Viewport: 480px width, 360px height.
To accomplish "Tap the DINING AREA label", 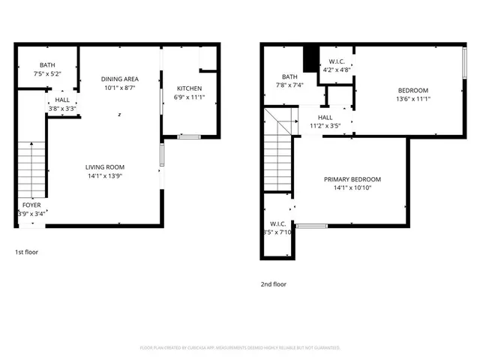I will pyautogui.click(x=120, y=79).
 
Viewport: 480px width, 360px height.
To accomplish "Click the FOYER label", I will pyautogui.click(x=31, y=205).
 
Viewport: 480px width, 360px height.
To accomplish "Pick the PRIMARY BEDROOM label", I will pyautogui.click(x=352, y=179).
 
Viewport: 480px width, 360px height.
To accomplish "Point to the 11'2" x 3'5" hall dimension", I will pyautogui.click(x=325, y=126).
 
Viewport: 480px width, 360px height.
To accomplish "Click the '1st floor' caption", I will pyautogui.click(x=26, y=252).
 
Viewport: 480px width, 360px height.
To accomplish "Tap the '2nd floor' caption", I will pyautogui.click(x=274, y=284).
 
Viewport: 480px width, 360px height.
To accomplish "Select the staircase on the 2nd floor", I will pyautogui.click(x=277, y=150).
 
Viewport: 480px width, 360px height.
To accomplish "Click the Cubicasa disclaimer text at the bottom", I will pyautogui.click(x=240, y=347).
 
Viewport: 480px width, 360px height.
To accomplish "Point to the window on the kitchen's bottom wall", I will pyautogui.click(x=188, y=136).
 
